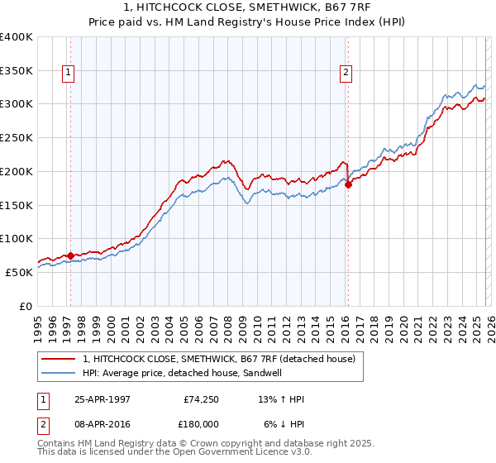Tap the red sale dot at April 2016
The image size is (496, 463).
[348, 184]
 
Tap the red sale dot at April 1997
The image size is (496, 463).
[71, 255]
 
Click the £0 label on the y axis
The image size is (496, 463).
[25, 306]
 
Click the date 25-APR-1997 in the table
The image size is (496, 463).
[101, 399]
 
